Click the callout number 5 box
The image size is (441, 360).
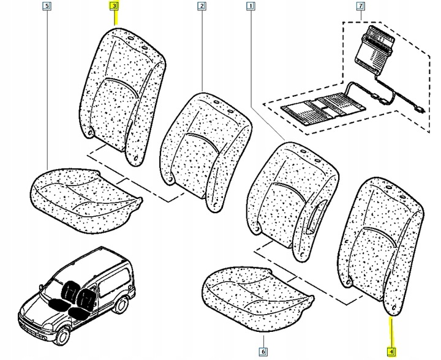point(48,7)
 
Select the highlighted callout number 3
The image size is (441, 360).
point(114,7)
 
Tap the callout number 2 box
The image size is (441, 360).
point(201,7)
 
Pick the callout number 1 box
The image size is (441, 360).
point(249,7)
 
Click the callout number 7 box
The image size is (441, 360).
point(360,7)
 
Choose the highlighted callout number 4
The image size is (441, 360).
point(391,351)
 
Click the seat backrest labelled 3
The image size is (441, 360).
point(123,92)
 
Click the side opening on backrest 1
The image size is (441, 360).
point(319,218)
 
